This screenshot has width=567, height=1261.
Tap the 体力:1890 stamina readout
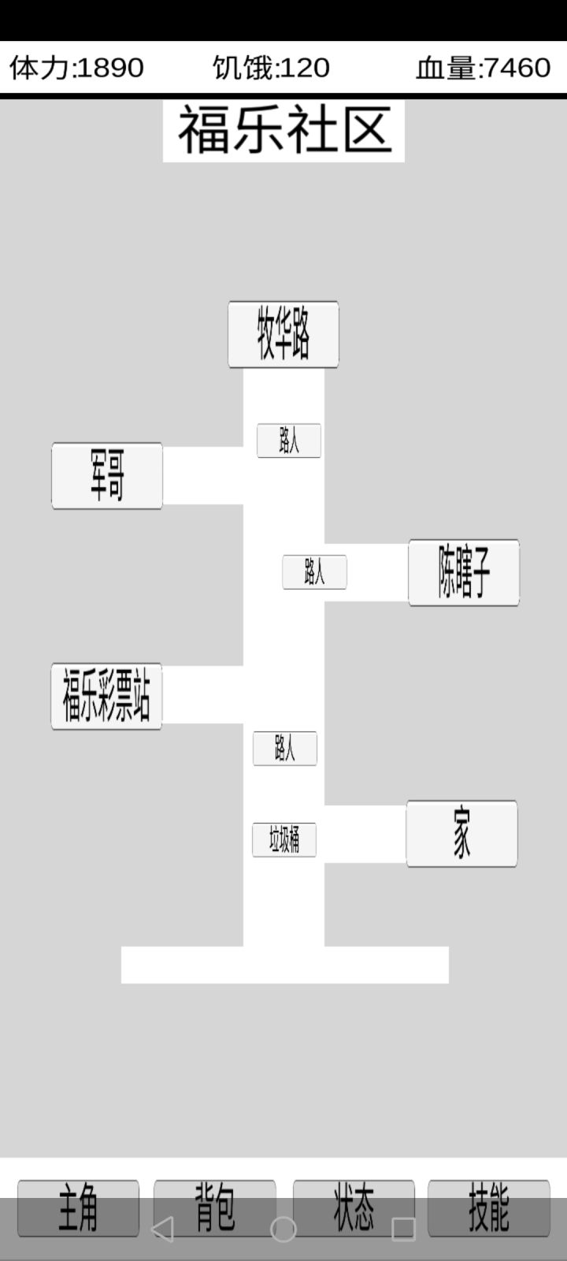point(76,68)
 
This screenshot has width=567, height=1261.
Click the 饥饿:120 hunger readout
point(271,68)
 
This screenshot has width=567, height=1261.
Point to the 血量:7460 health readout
point(484,68)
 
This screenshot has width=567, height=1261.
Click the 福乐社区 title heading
point(284,131)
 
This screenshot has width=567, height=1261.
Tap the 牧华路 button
point(283,334)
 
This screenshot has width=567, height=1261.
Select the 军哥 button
point(107,476)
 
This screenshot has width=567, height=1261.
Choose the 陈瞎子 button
point(464,572)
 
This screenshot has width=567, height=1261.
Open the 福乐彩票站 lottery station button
point(106,697)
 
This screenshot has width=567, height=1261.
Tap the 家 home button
point(461,834)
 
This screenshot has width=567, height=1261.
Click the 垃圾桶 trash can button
point(284,840)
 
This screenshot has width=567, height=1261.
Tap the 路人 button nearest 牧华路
point(289,441)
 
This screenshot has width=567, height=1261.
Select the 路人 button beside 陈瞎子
point(314,572)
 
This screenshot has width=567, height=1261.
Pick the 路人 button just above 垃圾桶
point(285,749)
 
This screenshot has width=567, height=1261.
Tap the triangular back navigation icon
point(163,1229)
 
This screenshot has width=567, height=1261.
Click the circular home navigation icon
point(283,1229)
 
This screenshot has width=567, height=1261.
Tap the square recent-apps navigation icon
point(403,1229)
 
